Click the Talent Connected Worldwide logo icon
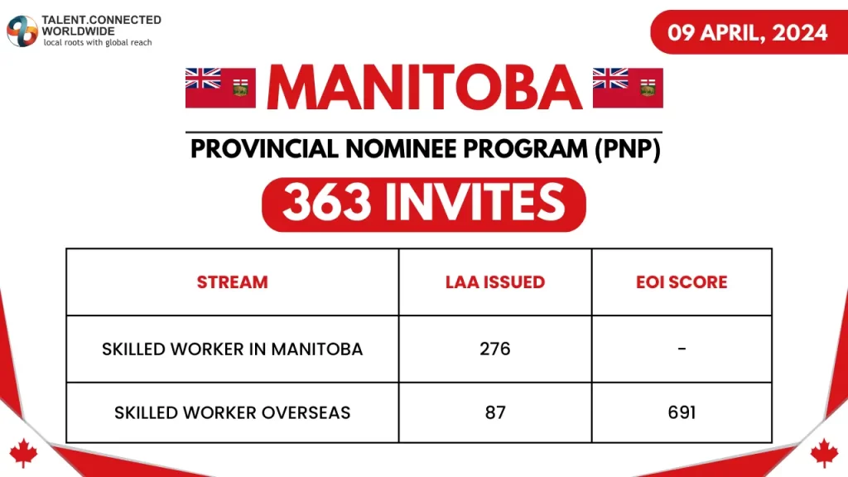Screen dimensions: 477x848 click(x=22, y=31)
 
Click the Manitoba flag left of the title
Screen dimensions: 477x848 click(x=219, y=88)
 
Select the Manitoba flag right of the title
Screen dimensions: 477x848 click(x=628, y=88)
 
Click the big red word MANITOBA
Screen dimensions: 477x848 click(x=424, y=87)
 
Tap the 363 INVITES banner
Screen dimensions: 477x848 click(x=424, y=204)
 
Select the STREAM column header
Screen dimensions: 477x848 click(x=232, y=282)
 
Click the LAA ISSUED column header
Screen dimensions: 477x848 click(x=495, y=282)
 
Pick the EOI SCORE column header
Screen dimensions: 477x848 click(x=682, y=282)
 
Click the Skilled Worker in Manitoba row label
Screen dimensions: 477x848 click(x=232, y=349)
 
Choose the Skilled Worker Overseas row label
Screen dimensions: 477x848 click(x=232, y=412)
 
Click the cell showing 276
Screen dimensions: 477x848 click(x=495, y=349)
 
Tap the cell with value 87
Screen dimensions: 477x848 click(x=495, y=412)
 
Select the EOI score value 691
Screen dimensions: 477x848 click(x=682, y=412)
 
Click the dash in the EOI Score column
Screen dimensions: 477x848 click(x=682, y=349)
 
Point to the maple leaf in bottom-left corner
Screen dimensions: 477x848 click(x=24, y=452)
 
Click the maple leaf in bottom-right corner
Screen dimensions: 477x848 click(x=824, y=452)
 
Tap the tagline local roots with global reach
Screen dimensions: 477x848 click(x=98, y=42)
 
